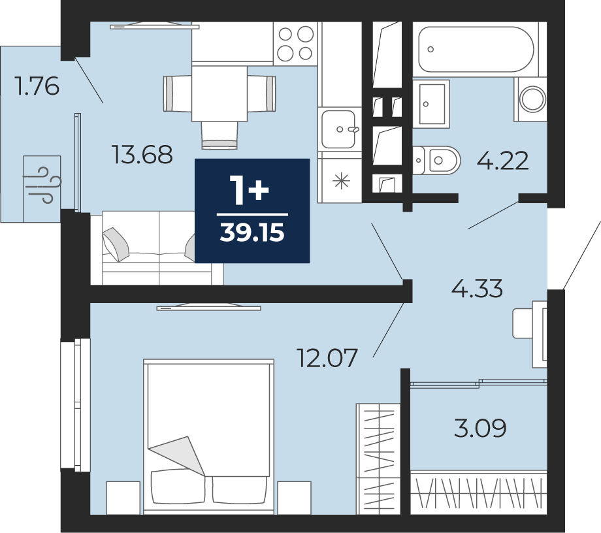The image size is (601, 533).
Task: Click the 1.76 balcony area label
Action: point(37,86)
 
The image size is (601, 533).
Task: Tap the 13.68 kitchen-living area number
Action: point(142,155)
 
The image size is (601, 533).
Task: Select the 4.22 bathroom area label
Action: point(502,161)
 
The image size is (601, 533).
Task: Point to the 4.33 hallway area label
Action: point(477,289)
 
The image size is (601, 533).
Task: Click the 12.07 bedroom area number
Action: point(327,357)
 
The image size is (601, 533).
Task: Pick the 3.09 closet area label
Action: point(480,428)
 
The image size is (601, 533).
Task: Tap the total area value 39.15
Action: point(252,233)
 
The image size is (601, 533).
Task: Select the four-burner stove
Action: point(295,44)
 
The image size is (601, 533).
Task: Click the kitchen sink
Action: point(338,129)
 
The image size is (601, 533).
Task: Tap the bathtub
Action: point(476,50)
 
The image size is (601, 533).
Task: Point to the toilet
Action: point(437,160)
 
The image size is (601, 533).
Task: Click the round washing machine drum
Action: point(532,99)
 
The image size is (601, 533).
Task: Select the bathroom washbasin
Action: point(431,104)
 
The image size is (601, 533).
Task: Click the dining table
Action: point(219,93)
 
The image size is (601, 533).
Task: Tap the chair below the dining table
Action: point(219,135)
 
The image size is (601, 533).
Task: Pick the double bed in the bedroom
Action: point(209,436)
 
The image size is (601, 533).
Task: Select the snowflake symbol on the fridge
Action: point(342,181)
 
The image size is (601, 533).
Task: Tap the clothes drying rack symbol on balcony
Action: point(42,189)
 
